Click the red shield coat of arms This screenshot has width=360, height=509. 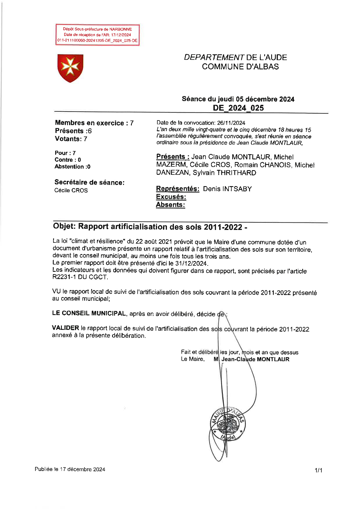(70, 68)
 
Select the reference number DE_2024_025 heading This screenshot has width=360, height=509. (238, 108)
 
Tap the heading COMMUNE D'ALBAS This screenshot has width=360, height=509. (240, 66)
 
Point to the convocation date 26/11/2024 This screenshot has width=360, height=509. (231, 123)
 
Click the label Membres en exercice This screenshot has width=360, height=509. (89, 123)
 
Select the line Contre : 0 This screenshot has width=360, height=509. (68, 160)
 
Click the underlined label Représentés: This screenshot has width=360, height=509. (177, 189)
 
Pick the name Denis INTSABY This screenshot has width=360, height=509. (227, 189)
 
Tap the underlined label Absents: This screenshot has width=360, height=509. (170, 205)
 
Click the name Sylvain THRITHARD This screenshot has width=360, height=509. (224, 173)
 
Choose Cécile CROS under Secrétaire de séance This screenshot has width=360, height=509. (71, 190)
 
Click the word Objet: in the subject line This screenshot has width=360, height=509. (64, 226)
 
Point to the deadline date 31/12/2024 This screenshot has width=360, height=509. (191, 264)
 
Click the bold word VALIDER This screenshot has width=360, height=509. (65, 328)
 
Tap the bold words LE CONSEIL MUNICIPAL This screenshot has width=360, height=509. (89, 314)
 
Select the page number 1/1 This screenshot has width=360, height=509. (318, 470)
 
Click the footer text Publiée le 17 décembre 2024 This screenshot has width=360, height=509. (70, 469)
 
